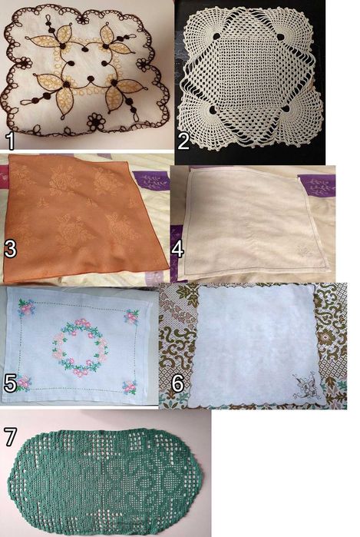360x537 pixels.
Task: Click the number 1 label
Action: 11,141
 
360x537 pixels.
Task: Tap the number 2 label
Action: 183,141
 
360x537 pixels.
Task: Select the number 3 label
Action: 10,250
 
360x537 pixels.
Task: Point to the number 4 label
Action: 178,250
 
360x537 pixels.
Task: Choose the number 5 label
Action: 10,383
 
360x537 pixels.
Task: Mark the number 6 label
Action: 177,383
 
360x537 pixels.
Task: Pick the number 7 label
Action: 9,436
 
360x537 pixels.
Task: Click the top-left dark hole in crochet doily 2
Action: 216,36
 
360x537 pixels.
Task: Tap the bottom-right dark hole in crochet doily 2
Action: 286,109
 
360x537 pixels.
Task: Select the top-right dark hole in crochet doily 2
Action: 281,37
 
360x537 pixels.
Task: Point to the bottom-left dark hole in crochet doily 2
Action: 213,110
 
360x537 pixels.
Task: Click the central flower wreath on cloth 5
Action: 81,347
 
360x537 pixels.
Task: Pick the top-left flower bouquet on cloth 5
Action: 27,307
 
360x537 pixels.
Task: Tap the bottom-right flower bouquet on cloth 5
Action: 130,387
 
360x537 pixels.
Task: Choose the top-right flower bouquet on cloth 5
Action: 132,317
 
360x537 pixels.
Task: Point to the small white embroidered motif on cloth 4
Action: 303,251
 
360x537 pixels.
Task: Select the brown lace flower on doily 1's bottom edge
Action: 95,121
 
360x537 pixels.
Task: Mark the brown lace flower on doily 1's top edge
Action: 82,18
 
